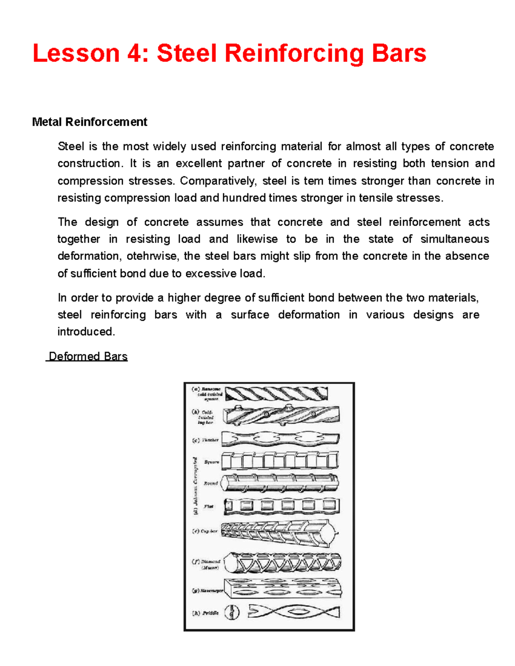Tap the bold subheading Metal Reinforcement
tap(89, 122)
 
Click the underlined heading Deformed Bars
tap(88, 356)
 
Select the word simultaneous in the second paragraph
tap(454, 239)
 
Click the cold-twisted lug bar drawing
tap(281, 415)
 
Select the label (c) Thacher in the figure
tap(206, 440)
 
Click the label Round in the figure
tap(211, 483)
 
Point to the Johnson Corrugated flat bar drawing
tap(282, 506)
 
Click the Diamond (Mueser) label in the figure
tap(206, 564)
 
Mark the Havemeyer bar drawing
tap(282, 588)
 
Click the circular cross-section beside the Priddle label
tap(232, 612)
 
